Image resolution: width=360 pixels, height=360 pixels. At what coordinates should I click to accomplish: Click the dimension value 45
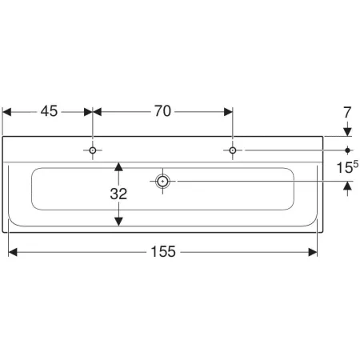click(x=49, y=111)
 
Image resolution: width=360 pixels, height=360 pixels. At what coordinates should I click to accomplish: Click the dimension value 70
click(x=162, y=111)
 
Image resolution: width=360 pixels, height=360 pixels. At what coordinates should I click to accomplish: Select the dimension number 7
click(x=347, y=112)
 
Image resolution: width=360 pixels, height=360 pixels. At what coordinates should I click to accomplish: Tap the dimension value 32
click(x=118, y=194)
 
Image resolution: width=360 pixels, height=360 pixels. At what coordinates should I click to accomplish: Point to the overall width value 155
click(x=163, y=251)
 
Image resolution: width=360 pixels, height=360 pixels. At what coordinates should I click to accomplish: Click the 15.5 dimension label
click(x=347, y=167)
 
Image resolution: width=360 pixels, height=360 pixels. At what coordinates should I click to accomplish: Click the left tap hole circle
click(x=93, y=150)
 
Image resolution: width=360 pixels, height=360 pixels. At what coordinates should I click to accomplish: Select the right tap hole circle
click(x=233, y=150)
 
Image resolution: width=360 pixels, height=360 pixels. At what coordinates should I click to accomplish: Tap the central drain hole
click(x=162, y=182)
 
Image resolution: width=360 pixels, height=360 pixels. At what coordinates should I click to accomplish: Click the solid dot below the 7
click(x=347, y=150)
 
